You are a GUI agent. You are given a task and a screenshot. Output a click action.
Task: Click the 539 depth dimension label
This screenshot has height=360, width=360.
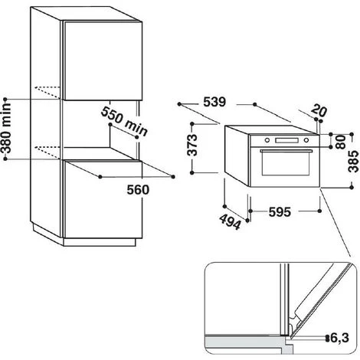tap(214, 102)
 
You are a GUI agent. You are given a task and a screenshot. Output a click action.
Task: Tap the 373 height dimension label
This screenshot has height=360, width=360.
tap(192, 145)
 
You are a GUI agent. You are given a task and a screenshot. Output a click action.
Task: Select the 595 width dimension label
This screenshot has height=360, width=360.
tap(280, 212)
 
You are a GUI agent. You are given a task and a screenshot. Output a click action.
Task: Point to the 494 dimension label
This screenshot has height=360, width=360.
tap(230, 221)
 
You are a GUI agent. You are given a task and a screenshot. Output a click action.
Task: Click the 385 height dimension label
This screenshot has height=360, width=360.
tap(354, 162)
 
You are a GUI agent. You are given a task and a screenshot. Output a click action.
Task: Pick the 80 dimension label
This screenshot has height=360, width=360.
tap(341, 142)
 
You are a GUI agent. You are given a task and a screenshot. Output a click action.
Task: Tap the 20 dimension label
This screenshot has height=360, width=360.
tap(319, 110)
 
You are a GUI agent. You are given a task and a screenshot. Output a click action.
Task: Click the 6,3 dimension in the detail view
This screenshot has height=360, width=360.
tap(339, 338)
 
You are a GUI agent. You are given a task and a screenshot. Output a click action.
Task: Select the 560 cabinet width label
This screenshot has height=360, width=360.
tap(138, 190)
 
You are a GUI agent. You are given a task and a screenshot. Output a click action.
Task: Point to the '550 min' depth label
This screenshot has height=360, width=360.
tap(124, 121)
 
